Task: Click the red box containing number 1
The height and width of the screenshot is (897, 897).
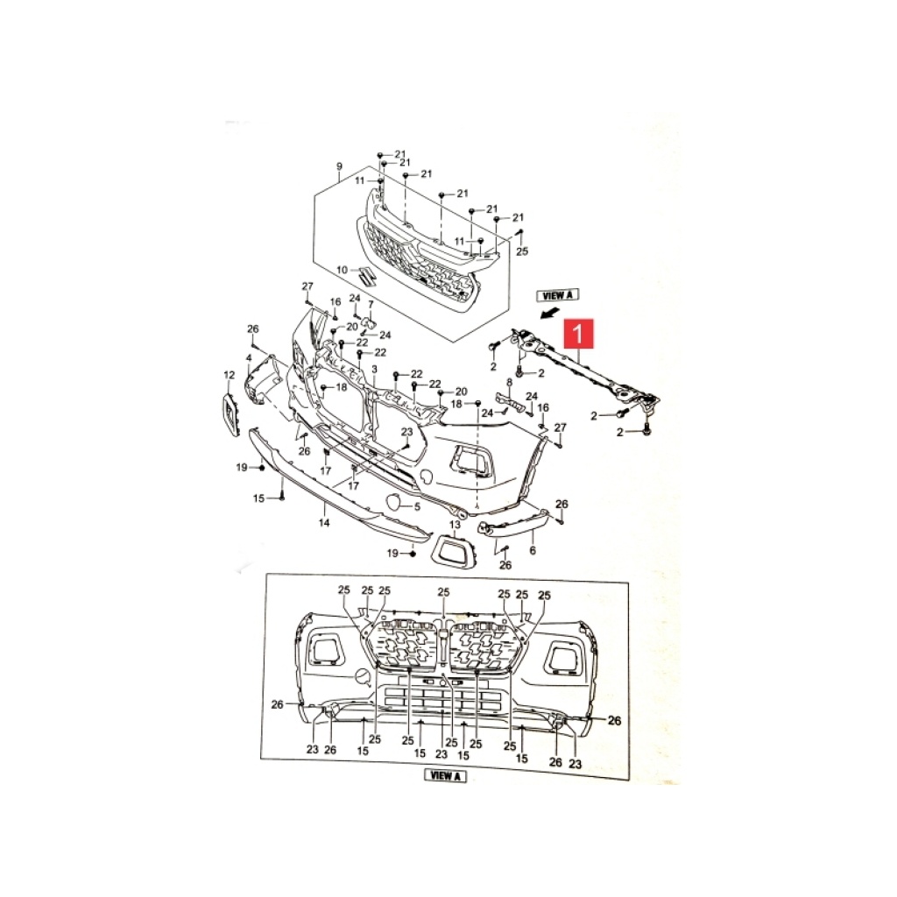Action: coord(579,334)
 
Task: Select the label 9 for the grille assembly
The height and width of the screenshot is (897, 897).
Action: coord(339,166)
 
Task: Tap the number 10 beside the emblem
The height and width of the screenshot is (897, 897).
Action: coord(342,270)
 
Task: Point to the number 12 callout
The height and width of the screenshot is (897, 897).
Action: coord(229,375)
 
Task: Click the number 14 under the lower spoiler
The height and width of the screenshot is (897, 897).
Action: coord(324,522)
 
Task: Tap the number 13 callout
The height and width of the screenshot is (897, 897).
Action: coord(455,525)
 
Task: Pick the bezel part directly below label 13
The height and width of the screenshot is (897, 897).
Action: coord(453,550)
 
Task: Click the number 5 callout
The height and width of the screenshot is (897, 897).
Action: coord(418,506)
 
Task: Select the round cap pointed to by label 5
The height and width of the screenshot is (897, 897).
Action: coord(394,502)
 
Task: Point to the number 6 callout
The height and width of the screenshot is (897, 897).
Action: coord(533,550)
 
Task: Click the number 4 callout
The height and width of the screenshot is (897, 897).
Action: coord(249,358)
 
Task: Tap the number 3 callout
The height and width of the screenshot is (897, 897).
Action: coord(375,370)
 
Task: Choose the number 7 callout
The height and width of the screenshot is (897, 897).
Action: coord(371,304)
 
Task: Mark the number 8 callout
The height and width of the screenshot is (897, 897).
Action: coord(509,382)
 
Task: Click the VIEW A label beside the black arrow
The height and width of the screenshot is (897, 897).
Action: coord(557,295)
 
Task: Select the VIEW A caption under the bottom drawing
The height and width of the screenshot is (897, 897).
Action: coord(445,776)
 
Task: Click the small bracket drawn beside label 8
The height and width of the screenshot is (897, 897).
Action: coord(511,400)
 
